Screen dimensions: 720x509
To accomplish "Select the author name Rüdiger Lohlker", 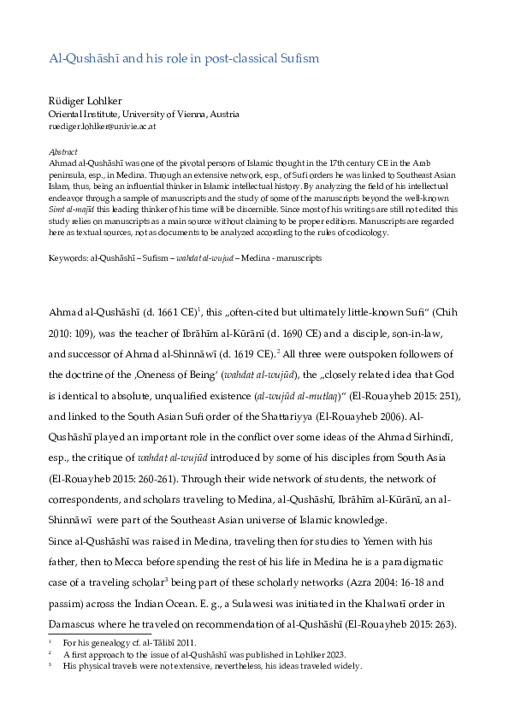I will coord(85,99).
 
